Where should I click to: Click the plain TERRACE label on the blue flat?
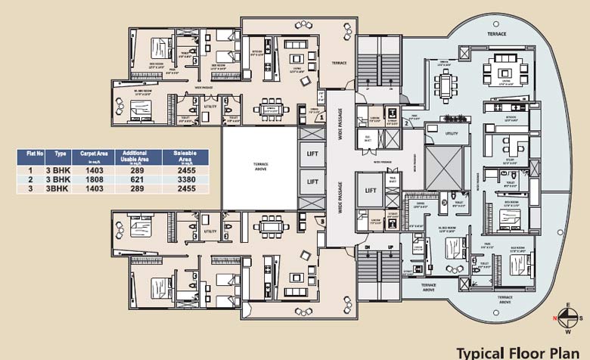[496, 34]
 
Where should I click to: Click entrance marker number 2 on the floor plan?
[405, 123]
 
